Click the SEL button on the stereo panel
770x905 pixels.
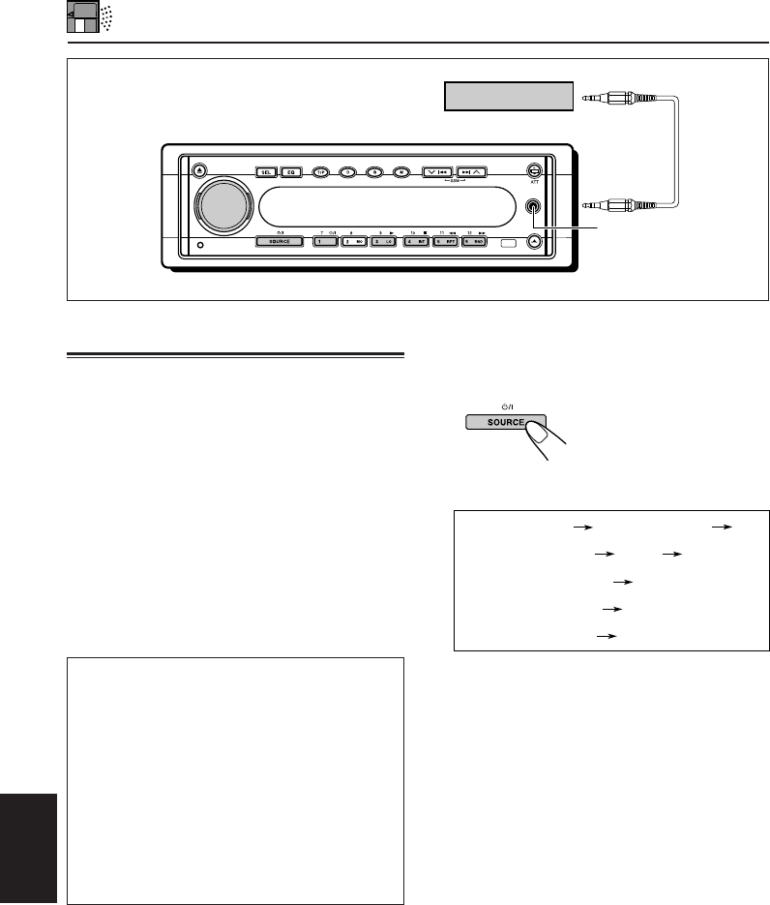266,172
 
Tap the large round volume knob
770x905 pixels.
223,205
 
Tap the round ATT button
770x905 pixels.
533,171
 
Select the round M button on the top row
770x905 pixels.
400,172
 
